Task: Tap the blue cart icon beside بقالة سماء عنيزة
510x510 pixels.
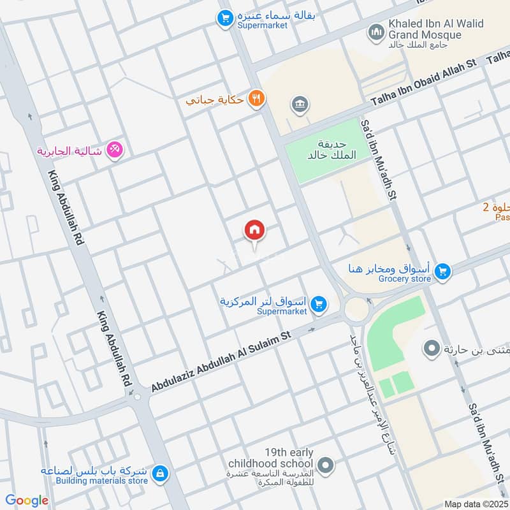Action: (224, 19)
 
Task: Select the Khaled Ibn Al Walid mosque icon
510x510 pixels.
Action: (376, 31)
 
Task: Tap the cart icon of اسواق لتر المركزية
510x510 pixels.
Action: (320, 305)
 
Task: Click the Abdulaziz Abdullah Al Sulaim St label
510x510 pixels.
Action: (220, 360)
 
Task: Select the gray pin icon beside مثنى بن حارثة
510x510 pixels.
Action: (432, 349)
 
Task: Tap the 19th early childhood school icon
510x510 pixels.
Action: (326, 465)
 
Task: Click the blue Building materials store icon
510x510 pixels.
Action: (160, 473)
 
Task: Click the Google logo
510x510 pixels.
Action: (27, 500)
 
